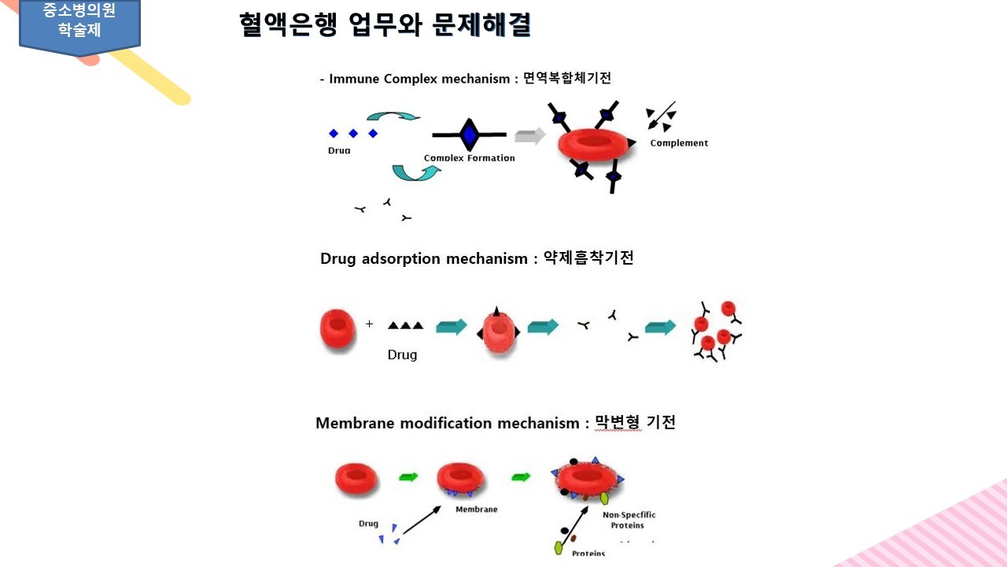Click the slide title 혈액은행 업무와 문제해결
point(385,24)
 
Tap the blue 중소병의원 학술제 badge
point(79,23)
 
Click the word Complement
point(679,143)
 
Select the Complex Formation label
point(469,157)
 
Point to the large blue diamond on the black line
point(470,135)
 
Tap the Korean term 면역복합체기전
point(567,78)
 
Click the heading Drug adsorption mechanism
point(423,258)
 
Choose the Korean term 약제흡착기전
point(588,258)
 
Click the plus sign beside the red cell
point(369,324)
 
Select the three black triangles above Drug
point(405,324)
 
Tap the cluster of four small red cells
point(716,331)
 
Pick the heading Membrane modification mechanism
point(447,423)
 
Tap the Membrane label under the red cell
point(476,510)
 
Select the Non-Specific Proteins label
point(629,520)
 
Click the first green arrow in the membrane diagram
point(408,476)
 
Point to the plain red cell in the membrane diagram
point(356,477)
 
